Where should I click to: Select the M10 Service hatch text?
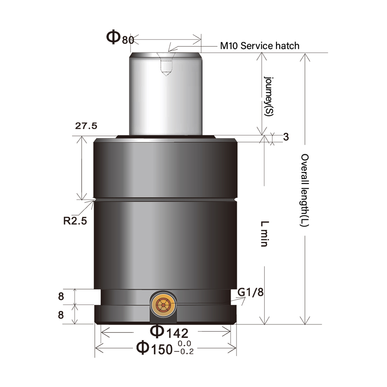260,46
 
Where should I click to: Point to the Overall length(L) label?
305,190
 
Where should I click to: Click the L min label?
265,234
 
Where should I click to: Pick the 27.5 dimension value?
86,126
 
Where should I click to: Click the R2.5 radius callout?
75,221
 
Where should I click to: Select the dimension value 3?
286,137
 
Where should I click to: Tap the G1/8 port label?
250,292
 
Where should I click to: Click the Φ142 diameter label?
169,332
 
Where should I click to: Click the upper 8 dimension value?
61,296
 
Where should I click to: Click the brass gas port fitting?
163,305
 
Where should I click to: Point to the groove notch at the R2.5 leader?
94,200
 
